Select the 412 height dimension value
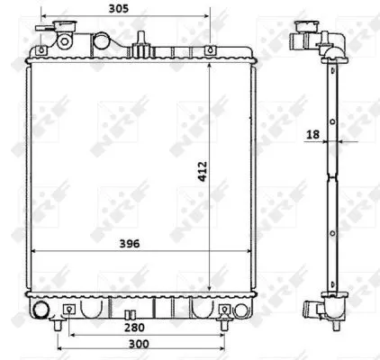pos(203,169)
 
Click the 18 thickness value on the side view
pos(312,135)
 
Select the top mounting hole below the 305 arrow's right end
pos(209,50)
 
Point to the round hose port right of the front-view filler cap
pos(66,42)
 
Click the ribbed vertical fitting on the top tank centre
pos(141,39)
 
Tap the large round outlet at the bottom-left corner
pos(41,311)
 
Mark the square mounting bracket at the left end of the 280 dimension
pos(69,311)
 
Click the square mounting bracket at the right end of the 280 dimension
pos(224,311)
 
